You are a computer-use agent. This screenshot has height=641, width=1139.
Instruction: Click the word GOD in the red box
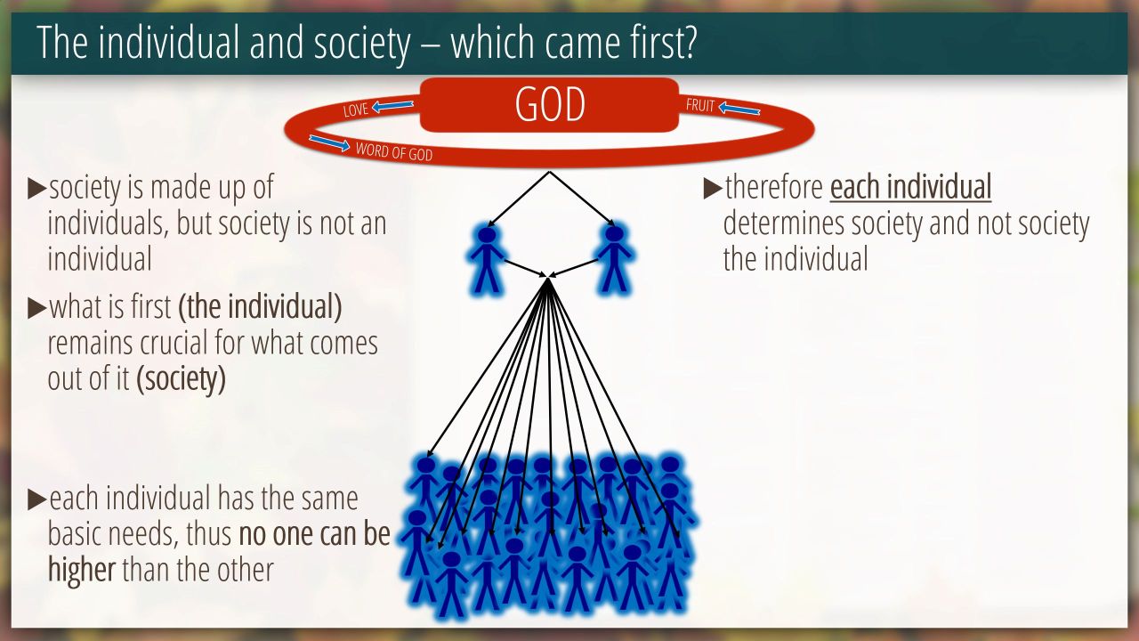tap(550, 104)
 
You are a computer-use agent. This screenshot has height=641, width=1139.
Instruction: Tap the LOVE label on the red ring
tap(355, 110)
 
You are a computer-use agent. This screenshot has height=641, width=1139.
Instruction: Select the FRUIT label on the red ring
tap(700, 105)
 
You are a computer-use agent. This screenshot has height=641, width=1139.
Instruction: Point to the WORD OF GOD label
tap(394, 151)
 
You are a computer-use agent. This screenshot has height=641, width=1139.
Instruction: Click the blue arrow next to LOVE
tap(392, 106)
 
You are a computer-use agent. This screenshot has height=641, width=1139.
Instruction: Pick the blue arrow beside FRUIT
tap(739, 109)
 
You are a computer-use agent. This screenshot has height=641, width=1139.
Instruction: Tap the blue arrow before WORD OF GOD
tap(329, 143)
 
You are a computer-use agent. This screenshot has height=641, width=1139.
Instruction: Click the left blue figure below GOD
tap(487, 259)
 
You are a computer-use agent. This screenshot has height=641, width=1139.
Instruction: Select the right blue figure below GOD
tap(615, 259)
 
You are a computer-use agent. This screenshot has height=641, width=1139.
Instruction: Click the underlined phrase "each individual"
tap(910, 187)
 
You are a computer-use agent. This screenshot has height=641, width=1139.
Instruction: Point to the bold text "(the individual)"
tap(260, 307)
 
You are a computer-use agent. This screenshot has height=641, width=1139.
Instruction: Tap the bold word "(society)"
tap(181, 379)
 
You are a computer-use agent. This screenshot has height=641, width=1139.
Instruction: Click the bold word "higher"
tap(81, 569)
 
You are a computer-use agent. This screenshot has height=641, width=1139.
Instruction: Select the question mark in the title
tap(688, 42)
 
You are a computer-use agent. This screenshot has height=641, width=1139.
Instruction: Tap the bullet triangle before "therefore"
tap(713, 188)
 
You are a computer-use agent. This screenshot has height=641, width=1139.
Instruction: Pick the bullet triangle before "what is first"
tap(36, 308)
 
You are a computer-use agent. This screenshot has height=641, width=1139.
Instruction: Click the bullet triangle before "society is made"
tap(36, 188)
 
